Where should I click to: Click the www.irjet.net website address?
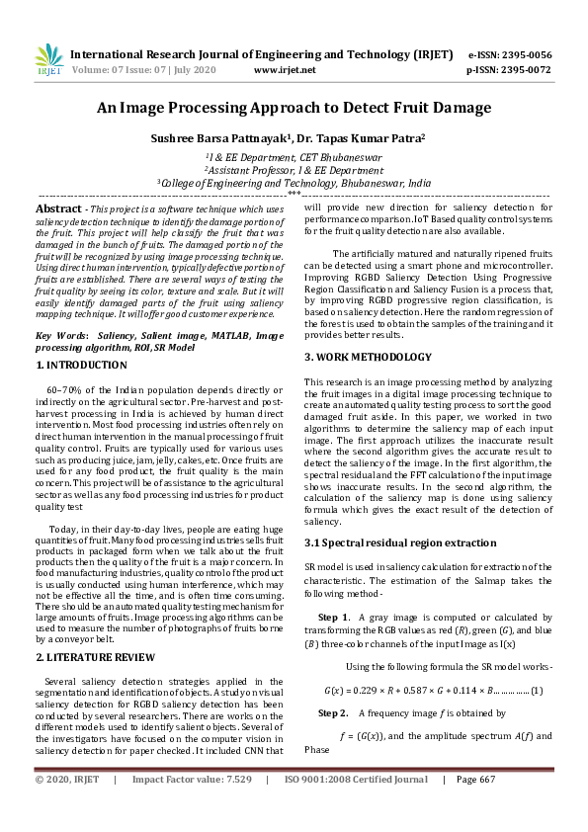285,70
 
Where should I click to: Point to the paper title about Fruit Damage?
294,109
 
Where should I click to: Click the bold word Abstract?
58,209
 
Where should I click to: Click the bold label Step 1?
333,617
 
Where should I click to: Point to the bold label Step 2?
333,712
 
